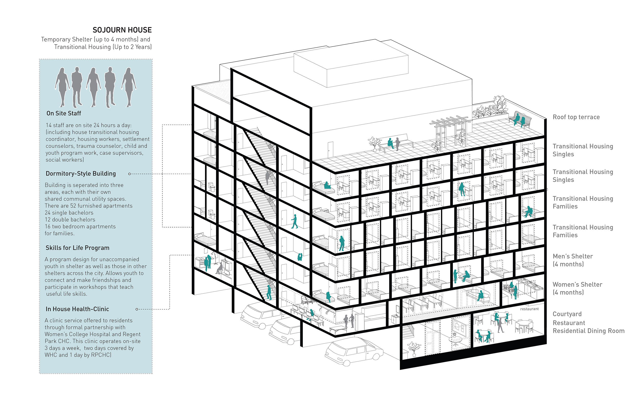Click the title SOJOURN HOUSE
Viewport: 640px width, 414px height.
[x=122, y=30]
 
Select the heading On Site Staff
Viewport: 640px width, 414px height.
[x=64, y=113]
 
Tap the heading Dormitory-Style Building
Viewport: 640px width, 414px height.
[x=81, y=174]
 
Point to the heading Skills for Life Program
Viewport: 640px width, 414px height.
[x=78, y=248]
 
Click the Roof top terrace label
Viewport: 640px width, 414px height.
[x=576, y=117]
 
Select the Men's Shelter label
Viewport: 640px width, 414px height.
[x=572, y=256]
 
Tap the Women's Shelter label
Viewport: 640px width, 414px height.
[x=577, y=285]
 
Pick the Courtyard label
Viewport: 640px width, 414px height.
[x=567, y=314]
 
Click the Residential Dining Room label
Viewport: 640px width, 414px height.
[x=588, y=331]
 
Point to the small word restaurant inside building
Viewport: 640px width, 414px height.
[x=529, y=309]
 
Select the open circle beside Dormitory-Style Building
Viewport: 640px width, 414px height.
[x=130, y=174]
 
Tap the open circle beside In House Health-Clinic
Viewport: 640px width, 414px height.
[x=137, y=309]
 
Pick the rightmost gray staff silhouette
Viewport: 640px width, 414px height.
[x=129, y=87]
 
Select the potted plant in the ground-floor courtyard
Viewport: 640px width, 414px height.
[x=414, y=348]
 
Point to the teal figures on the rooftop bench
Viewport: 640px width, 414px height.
[x=519, y=120]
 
